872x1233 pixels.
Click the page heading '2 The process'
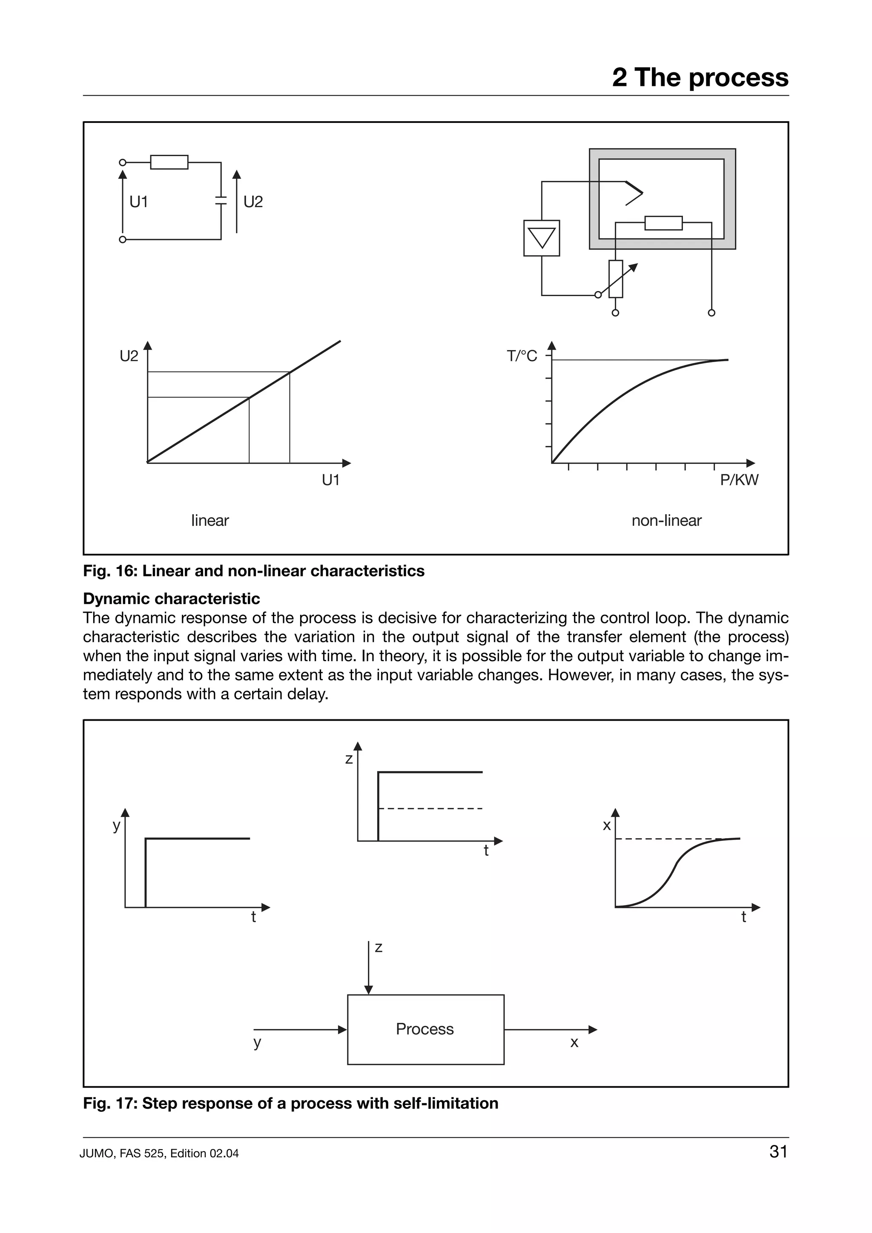click(x=700, y=77)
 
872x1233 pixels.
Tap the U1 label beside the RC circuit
click(x=139, y=202)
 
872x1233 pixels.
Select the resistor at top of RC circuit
click(x=169, y=162)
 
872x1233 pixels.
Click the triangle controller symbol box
click(x=542, y=238)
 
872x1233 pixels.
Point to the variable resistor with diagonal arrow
click(x=616, y=279)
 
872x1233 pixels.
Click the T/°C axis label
click(x=522, y=356)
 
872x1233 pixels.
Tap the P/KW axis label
click(x=739, y=480)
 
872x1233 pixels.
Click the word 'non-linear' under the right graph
click(x=666, y=520)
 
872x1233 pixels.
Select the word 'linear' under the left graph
click(x=210, y=520)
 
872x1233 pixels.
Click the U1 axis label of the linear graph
click(x=331, y=480)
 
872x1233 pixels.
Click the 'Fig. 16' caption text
click(x=254, y=571)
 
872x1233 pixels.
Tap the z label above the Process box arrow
click(x=379, y=948)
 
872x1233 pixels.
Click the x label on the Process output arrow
click(x=574, y=1043)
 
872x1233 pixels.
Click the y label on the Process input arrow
click(x=257, y=1043)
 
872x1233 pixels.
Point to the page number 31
click(x=778, y=1151)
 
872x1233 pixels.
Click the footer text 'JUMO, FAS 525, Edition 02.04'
click(x=159, y=1153)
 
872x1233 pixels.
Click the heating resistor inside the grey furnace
click(x=663, y=223)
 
